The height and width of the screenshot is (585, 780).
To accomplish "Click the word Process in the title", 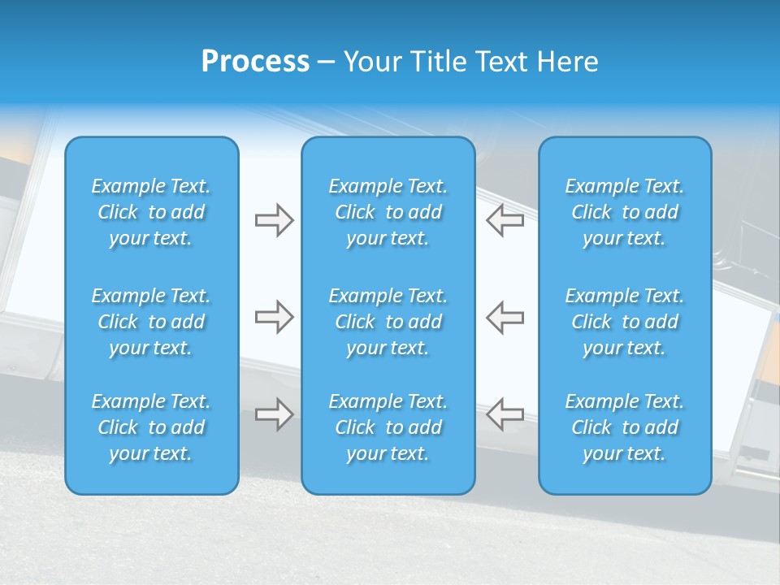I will click(255, 62).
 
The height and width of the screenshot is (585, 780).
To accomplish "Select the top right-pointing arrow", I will click(274, 220).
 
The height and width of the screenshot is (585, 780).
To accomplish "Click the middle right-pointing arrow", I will click(274, 317).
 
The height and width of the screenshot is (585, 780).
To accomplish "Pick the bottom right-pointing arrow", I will click(274, 414).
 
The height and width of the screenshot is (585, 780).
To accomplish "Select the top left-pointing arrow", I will click(505, 220).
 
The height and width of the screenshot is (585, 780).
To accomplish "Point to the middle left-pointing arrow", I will click(505, 317).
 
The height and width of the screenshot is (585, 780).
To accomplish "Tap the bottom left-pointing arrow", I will click(505, 414).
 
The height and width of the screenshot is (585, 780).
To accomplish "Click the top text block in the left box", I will click(151, 212).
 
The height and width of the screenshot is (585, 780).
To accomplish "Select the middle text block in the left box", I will click(151, 322).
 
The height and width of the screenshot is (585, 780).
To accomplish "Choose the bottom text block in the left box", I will click(151, 427).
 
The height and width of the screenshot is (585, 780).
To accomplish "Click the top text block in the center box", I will click(388, 212).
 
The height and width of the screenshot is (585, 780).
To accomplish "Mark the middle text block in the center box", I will click(388, 322).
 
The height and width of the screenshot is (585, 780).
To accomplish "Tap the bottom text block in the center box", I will click(388, 427).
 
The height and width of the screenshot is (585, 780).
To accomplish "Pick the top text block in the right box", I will click(624, 212).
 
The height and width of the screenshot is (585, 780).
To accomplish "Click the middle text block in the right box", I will click(624, 322).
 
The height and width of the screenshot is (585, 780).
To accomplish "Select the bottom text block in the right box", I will click(624, 427).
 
